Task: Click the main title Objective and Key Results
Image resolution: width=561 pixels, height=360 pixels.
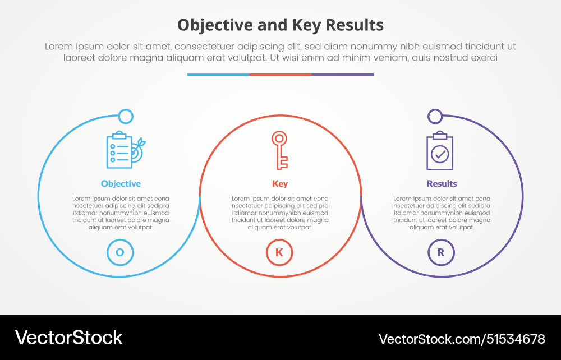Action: pos(280,25)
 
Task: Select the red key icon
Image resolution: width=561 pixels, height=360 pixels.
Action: pos(279,150)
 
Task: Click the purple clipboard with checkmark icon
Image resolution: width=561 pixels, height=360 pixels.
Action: pos(440,151)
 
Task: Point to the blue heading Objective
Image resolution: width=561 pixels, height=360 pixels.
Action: pos(121,183)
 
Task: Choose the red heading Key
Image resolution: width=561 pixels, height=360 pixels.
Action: pos(280,183)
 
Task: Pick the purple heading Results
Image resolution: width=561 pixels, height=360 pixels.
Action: pos(442,183)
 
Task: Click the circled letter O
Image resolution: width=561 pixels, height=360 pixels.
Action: pos(120,252)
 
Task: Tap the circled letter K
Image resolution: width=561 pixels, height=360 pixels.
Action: pos(279,252)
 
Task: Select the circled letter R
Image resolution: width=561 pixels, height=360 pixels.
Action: pos(441,252)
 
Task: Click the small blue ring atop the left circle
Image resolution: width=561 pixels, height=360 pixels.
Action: pos(126,117)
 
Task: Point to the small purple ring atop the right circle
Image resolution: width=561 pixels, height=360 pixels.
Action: pos(435,117)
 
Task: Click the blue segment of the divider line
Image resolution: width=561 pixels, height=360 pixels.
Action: pos(218,74)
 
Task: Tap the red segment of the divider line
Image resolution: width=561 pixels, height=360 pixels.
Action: pos(280,74)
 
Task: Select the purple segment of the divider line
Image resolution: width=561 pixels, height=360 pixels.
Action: pos(342,74)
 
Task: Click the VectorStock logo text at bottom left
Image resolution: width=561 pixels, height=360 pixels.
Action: pos(69,338)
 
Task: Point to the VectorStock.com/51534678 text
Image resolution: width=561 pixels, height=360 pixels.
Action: pos(462,339)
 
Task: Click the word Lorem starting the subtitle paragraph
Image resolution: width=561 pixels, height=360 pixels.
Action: pos(57,47)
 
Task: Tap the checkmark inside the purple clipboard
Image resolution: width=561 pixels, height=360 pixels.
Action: pos(440,154)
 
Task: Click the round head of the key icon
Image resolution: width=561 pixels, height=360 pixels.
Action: pos(279,138)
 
